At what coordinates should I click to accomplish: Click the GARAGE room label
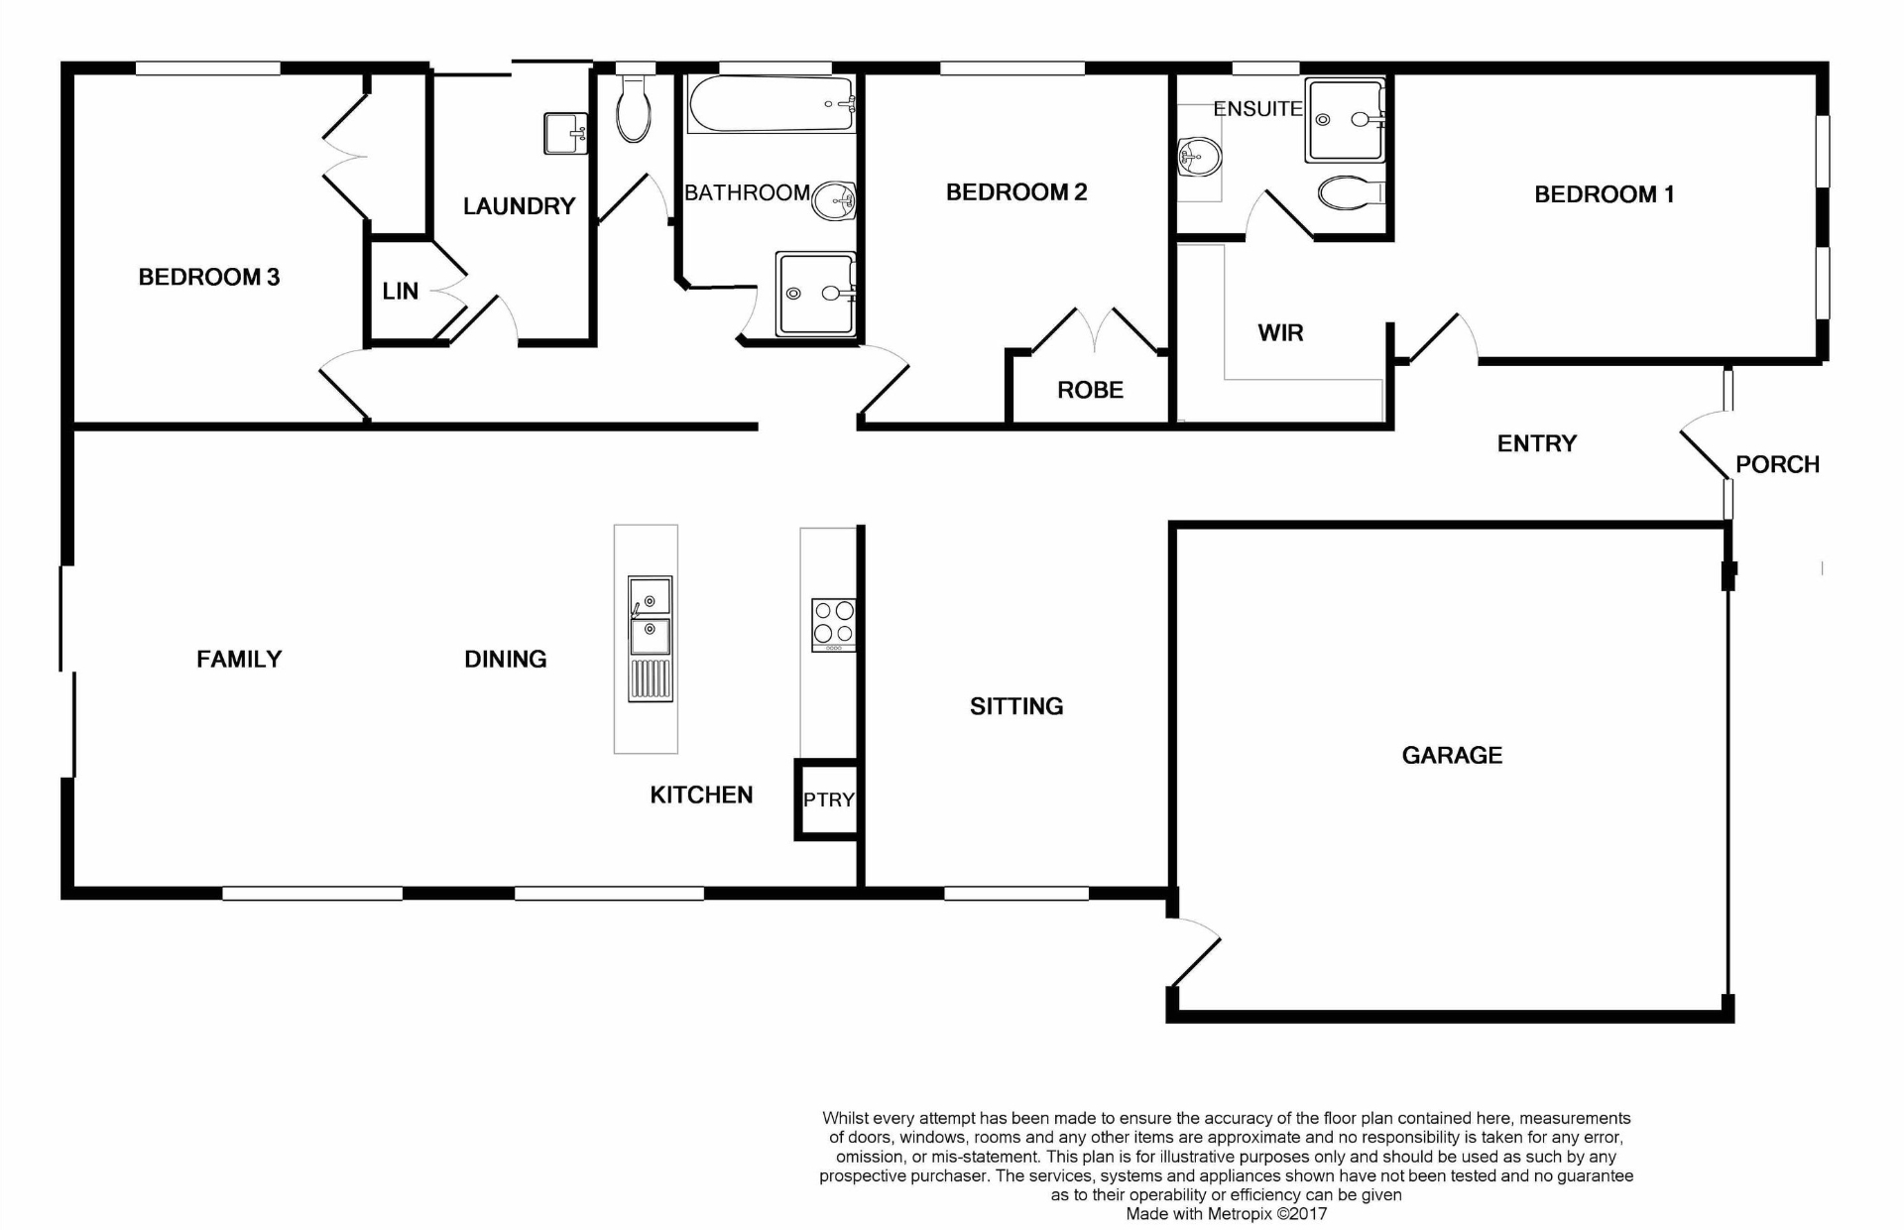(x=1452, y=756)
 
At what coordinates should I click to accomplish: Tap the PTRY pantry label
(x=828, y=799)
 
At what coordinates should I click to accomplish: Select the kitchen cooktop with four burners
(x=833, y=624)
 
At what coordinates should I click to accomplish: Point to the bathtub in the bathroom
(x=772, y=104)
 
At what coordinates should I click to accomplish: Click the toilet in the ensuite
(x=1350, y=192)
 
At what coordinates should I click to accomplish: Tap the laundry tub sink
(x=565, y=133)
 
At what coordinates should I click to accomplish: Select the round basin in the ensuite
(x=1200, y=157)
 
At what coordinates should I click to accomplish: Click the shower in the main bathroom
(x=815, y=293)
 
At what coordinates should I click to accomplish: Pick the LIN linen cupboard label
(x=401, y=292)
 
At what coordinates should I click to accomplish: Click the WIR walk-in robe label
(x=1280, y=333)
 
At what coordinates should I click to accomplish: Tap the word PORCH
(x=1777, y=465)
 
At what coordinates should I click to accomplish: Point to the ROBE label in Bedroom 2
(x=1090, y=391)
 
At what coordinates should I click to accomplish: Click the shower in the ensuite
(x=1344, y=120)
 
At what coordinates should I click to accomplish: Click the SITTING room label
(x=1016, y=707)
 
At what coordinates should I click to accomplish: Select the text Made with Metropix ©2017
(x=1226, y=1213)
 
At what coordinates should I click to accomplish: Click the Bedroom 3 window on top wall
(x=208, y=68)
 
